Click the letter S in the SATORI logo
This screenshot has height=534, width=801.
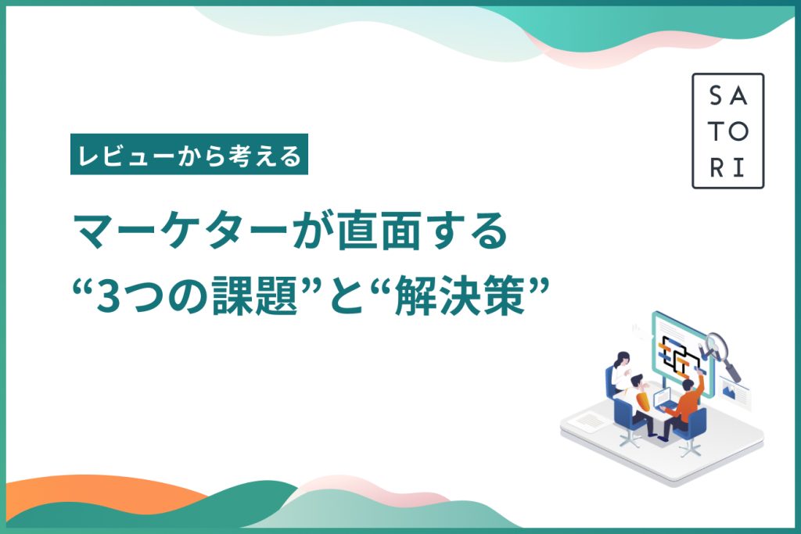[717, 95]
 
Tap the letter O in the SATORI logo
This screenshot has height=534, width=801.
[738, 131]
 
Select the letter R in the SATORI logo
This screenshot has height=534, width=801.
[717, 168]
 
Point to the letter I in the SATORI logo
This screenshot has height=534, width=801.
[738, 168]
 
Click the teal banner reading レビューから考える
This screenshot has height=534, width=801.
[189, 154]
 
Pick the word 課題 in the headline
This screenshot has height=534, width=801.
[255, 295]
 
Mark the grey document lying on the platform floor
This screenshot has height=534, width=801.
[588, 421]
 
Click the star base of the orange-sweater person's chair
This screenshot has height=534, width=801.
[691, 450]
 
